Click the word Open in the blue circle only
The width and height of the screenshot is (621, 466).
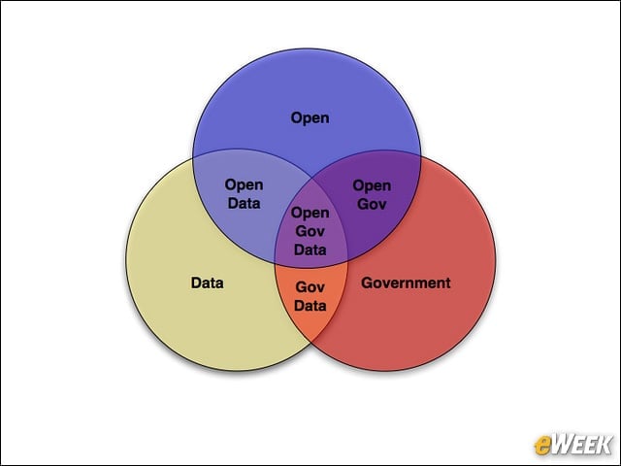(x=310, y=118)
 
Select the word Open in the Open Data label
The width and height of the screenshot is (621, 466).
(x=244, y=185)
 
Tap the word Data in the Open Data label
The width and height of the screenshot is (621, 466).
(x=244, y=203)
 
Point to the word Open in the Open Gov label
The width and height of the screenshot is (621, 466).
(x=372, y=185)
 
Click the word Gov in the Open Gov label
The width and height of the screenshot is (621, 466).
(x=372, y=204)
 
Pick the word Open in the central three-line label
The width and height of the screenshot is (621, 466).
(x=310, y=214)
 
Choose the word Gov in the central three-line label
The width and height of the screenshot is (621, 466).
(x=310, y=231)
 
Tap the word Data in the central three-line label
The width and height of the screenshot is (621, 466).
(x=310, y=250)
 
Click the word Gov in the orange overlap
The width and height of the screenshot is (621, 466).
(x=310, y=287)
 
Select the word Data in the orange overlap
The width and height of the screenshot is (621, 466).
(x=310, y=306)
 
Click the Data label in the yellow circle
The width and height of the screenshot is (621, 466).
(x=207, y=283)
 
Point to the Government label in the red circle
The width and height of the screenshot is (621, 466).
(x=406, y=283)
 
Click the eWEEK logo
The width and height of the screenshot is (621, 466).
(x=572, y=445)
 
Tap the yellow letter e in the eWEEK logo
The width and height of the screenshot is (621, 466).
(x=542, y=446)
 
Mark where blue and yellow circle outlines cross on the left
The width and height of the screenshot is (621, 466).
(x=193, y=157)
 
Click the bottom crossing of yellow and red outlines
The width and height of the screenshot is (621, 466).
(x=311, y=342)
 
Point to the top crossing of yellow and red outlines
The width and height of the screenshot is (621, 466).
(x=311, y=178)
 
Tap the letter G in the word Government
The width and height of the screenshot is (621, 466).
(x=367, y=283)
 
